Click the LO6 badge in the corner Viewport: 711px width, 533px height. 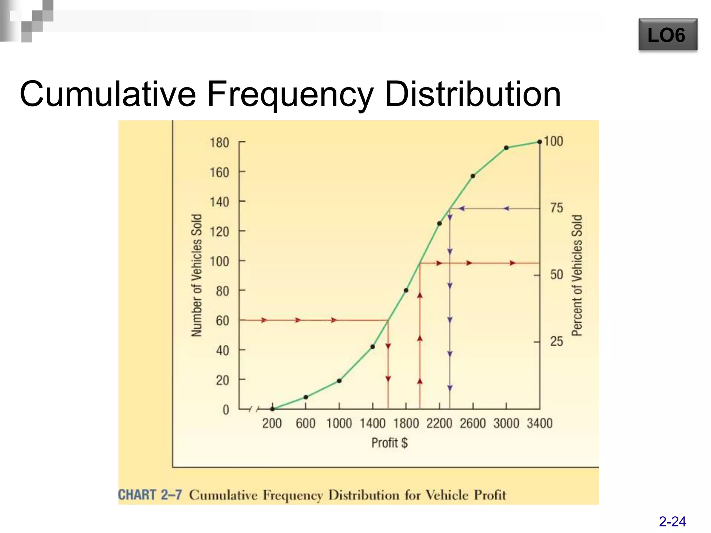coord(668,35)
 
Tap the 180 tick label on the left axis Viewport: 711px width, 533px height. coord(219,143)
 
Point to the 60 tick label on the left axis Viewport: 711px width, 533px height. coord(222,321)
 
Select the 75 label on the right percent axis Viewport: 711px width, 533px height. coord(556,208)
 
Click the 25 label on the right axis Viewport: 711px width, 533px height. coord(556,341)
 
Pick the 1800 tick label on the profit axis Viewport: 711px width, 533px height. coord(406,423)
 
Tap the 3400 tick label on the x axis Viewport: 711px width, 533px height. coord(539,423)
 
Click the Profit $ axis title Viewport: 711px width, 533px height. coord(389,443)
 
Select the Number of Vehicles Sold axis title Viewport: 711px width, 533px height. coord(196,275)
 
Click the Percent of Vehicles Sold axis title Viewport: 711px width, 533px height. coord(577,275)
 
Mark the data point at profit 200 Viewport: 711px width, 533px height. coord(273,409)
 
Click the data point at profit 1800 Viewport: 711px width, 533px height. coord(406,290)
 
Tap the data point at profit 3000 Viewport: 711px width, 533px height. coord(506,148)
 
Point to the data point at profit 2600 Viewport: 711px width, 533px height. coord(473,176)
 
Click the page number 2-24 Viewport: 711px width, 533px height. coord(672,522)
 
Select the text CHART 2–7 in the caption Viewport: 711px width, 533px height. coord(150,494)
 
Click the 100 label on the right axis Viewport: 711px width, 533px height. coord(553,141)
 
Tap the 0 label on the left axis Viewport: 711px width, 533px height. coord(226,410)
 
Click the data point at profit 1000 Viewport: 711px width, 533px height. coord(339,381)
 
